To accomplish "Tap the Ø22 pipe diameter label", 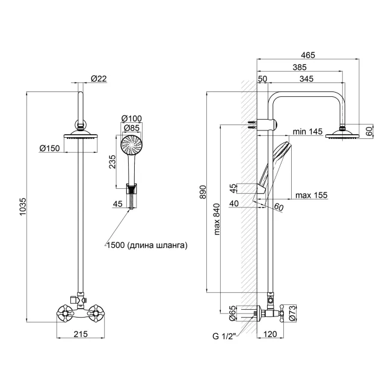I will pos(99,78).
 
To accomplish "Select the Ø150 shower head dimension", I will pos(48,148).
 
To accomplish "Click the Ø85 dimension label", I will pos(131,128).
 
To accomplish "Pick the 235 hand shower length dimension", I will pos(112,162).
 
